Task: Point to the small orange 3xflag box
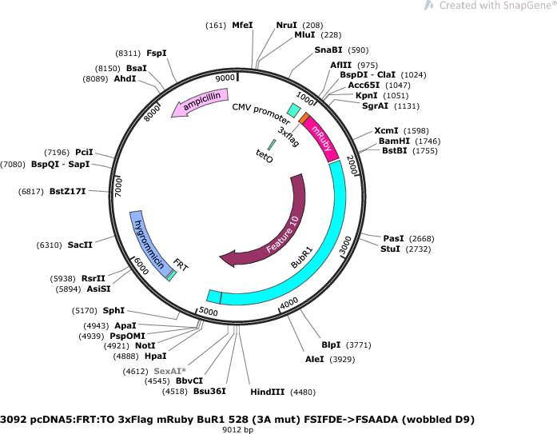(x=304, y=118)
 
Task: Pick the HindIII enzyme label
(x=268, y=392)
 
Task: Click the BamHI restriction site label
(x=394, y=141)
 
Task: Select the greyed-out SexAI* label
(x=169, y=371)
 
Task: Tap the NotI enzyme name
(x=145, y=345)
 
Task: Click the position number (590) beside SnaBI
(x=358, y=50)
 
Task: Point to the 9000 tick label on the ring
(x=225, y=78)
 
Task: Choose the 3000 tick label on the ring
(x=345, y=245)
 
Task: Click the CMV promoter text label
(x=261, y=113)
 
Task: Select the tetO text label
(x=265, y=156)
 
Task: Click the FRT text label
(x=181, y=265)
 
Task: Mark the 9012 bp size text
(x=237, y=430)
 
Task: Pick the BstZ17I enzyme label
(x=67, y=192)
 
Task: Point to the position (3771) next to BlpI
(x=359, y=345)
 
